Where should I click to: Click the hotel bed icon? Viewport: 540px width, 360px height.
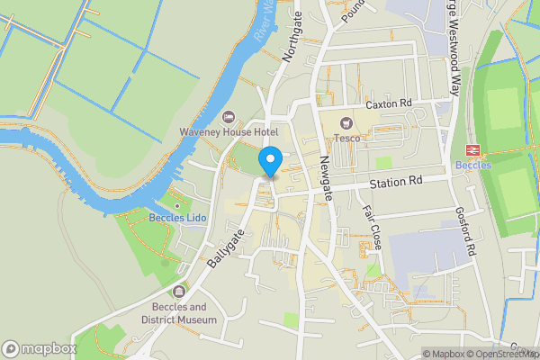tap(229, 116)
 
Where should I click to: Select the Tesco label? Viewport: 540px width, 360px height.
tap(347, 138)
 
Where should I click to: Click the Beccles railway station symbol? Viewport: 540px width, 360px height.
tap(470, 150)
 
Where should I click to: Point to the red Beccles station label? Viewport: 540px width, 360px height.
tap(472, 166)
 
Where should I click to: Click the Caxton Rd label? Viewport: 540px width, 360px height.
tap(388, 105)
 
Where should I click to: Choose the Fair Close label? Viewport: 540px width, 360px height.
tap(372, 226)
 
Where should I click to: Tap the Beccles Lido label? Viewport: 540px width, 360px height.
tap(178, 218)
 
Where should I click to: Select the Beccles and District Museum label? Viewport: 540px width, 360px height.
tap(179, 312)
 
